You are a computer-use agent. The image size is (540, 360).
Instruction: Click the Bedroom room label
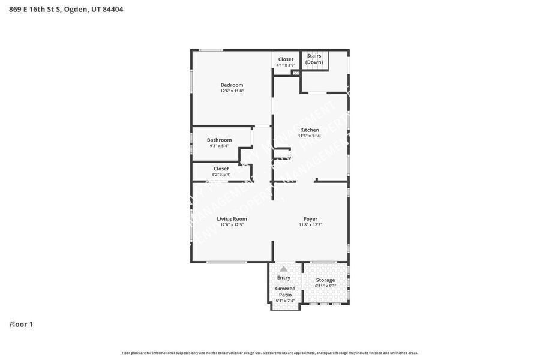pos(232,85)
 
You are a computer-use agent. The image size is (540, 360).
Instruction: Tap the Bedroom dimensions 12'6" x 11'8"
pos(232,91)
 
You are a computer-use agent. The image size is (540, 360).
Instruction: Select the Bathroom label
pos(219,140)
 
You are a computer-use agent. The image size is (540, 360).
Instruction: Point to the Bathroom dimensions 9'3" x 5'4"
pos(219,146)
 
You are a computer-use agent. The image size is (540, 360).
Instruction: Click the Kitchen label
pos(310,130)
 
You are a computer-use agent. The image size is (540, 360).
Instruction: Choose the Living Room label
pos(232,219)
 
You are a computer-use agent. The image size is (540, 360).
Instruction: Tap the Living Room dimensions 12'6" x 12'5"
pos(232,225)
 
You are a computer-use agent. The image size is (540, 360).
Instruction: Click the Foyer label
pos(310,219)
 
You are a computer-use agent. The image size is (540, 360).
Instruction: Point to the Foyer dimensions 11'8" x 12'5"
pos(310,225)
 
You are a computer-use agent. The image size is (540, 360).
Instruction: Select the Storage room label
pos(325,280)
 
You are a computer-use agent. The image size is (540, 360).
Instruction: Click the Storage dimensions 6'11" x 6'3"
pos(325,286)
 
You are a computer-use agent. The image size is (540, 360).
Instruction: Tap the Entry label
pos(284,278)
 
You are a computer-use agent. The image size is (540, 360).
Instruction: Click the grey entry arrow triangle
pos(284,269)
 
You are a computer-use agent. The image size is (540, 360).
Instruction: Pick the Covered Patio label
pos(285,292)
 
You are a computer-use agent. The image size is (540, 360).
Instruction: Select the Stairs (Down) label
pos(314,59)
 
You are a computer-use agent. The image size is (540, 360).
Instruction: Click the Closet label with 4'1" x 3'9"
pos(286,59)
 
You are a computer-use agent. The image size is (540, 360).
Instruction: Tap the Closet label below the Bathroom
pos(221,169)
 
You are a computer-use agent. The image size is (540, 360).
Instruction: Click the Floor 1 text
pos(21,325)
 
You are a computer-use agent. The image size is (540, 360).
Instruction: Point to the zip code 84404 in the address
pos(113,10)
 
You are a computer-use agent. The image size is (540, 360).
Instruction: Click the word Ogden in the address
pos(76,10)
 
